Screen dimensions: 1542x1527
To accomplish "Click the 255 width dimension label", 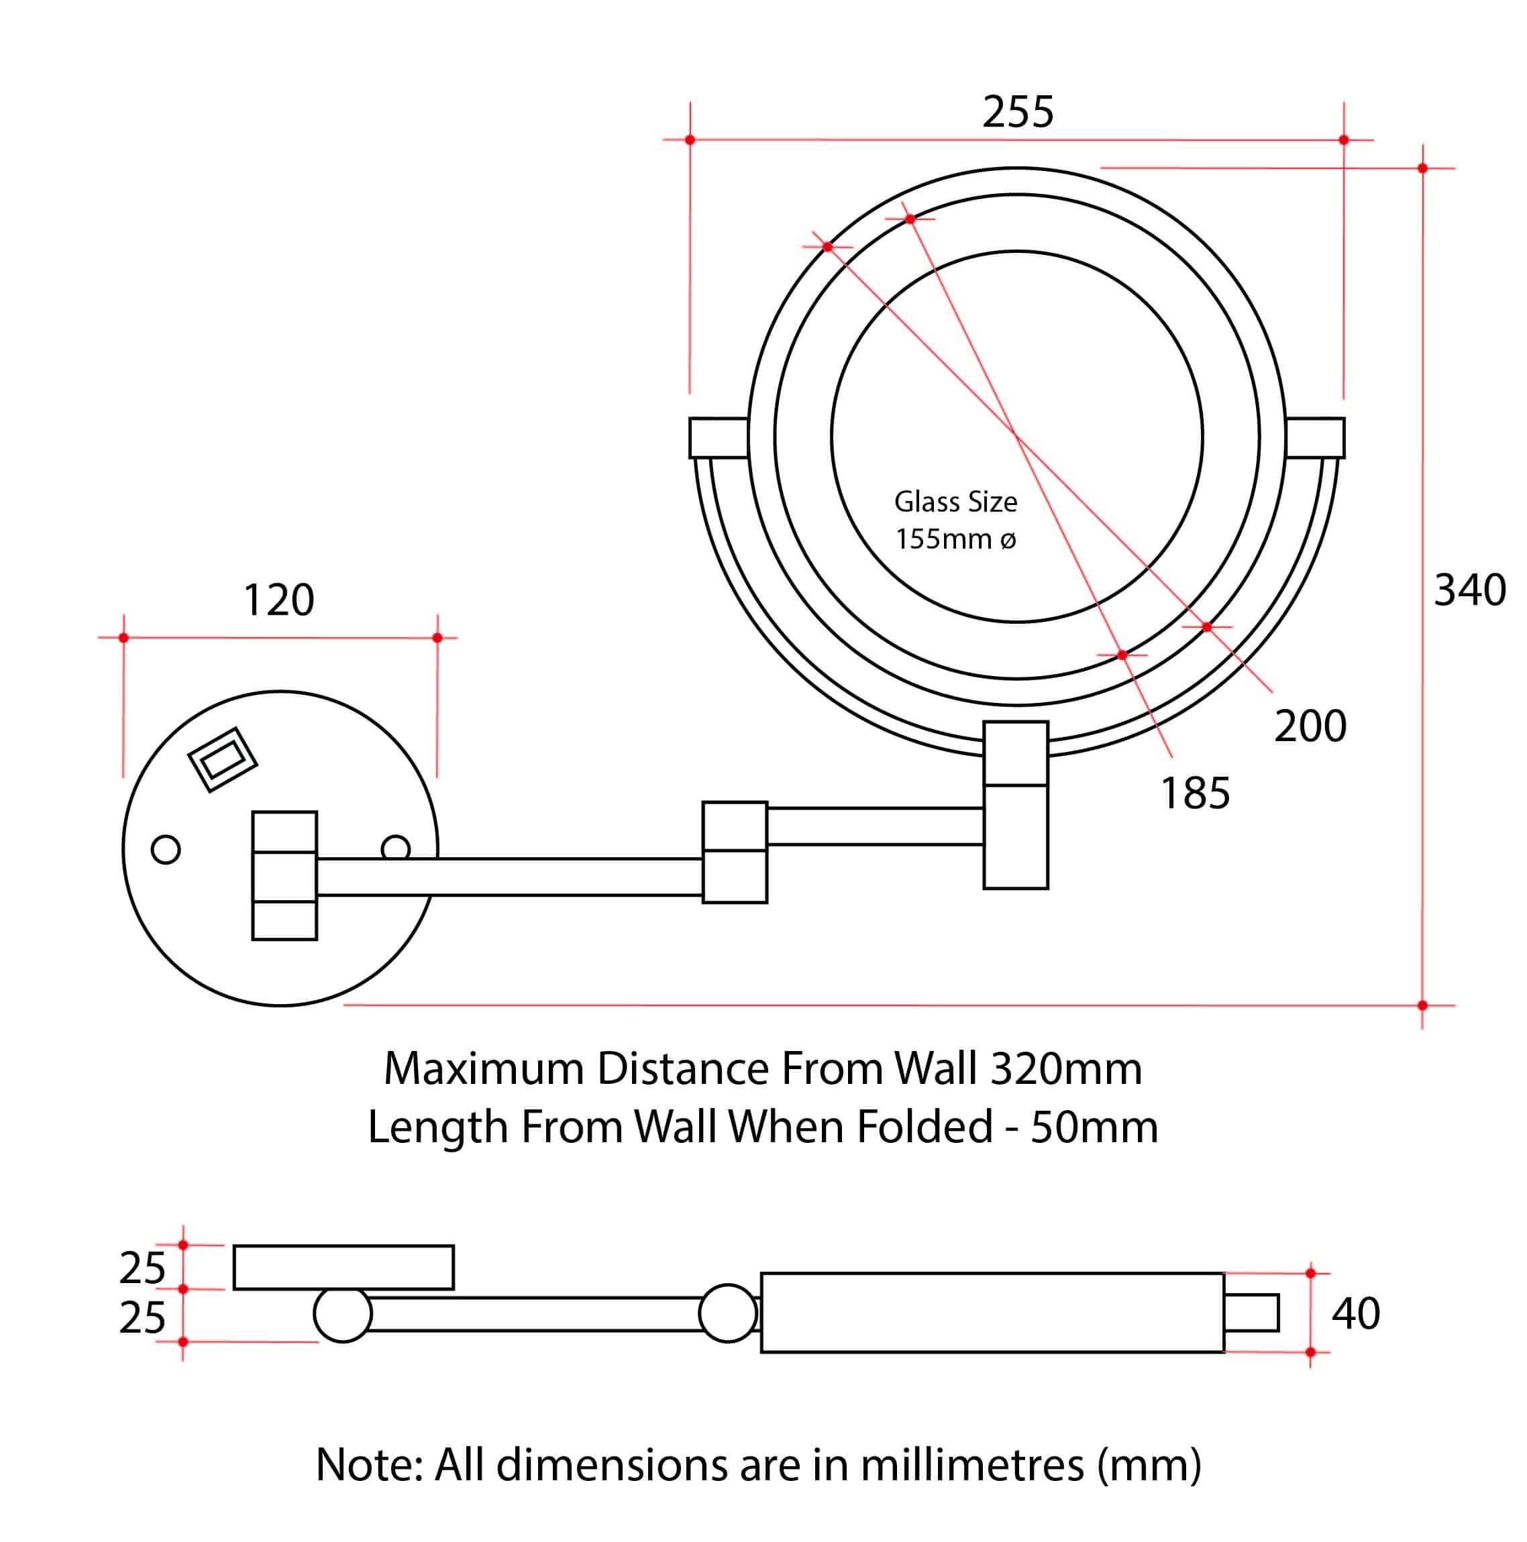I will (x=1018, y=112).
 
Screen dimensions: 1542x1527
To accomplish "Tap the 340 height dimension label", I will (x=1469, y=591).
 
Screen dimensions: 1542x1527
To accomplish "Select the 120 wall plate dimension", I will (x=278, y=600).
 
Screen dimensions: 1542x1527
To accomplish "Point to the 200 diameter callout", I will (x=1310, y=726).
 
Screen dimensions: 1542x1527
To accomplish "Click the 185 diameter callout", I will (x=1195, y=793).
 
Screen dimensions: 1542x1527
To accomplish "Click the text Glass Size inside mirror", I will (x=955, y=502).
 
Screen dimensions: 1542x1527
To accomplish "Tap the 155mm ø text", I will (x=955, y=539).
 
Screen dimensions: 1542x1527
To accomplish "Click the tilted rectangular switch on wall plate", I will (x=222, y=760).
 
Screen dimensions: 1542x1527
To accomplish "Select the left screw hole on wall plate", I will (x=165, y=849).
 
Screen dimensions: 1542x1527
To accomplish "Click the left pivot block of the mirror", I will (x=719, y=438).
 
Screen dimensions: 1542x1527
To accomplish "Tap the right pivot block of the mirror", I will (x=1315, y=438).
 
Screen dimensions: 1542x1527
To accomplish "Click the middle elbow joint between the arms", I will (x=735, y=852).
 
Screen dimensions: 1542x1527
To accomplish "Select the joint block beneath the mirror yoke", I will (x=1015, y=804).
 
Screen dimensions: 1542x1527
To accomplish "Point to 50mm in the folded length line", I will (x=1094, y=1127).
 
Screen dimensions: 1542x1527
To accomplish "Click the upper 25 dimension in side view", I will (x=142, y=1268).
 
